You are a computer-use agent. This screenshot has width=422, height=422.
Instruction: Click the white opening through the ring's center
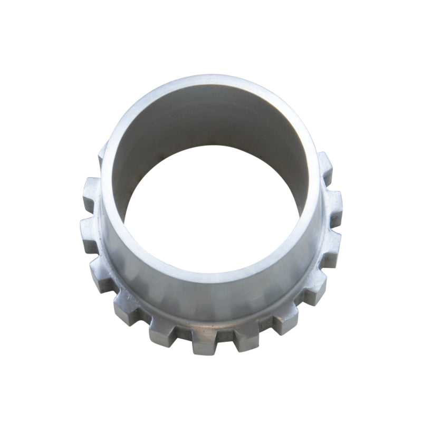[211, 211]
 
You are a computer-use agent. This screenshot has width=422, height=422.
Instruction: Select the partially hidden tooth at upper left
[102, 154]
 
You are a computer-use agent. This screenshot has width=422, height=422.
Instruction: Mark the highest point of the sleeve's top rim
[211, 79]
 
